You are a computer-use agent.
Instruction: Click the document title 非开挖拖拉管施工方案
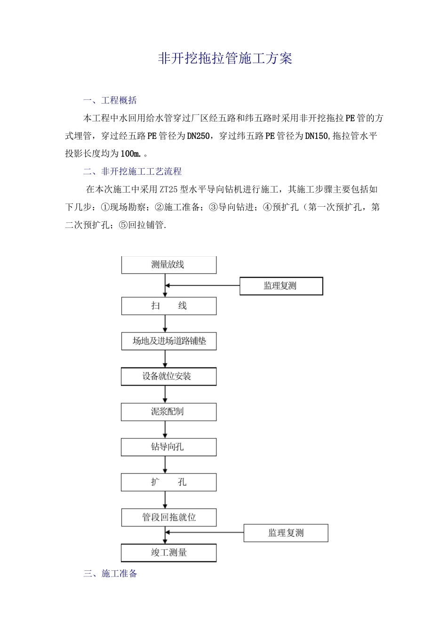pyautogui.click(x=224, y=58)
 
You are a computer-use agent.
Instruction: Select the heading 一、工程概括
pyautogui.click(x=110, y=100)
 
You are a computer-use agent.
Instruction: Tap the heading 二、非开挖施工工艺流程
pyautogui.click(x=132, y=171)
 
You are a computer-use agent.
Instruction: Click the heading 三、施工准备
pyautogui.click(x=110, y=574)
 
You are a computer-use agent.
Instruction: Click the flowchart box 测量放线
pyautogui.click(x=168, y=265)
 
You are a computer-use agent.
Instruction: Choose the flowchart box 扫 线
pyautogui.click(x=168, y=306)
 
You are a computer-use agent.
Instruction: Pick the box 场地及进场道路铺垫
pyautogui.click(x=168, y=341)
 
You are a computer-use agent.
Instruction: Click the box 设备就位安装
pyautogui.click(x=168, y=376)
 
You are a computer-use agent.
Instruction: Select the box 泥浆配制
pyautogui.click(x=168, y=412)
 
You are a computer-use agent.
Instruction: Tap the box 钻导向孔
pyautogui.click(x=168, y=447)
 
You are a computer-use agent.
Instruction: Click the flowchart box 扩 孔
pyautogui.click(x=168, y=482)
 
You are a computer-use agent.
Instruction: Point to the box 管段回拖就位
pyautogui.click(x=168, y=517)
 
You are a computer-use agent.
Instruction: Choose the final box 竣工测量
pyautogui.click(x=168, y=552)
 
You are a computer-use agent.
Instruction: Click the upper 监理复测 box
pyautogui.click(x=281, y=286)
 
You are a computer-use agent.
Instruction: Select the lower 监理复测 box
pyautogui.click(x=286, y=533)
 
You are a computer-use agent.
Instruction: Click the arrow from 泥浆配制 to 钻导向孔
pyautogui.click(x=165, y=430)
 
